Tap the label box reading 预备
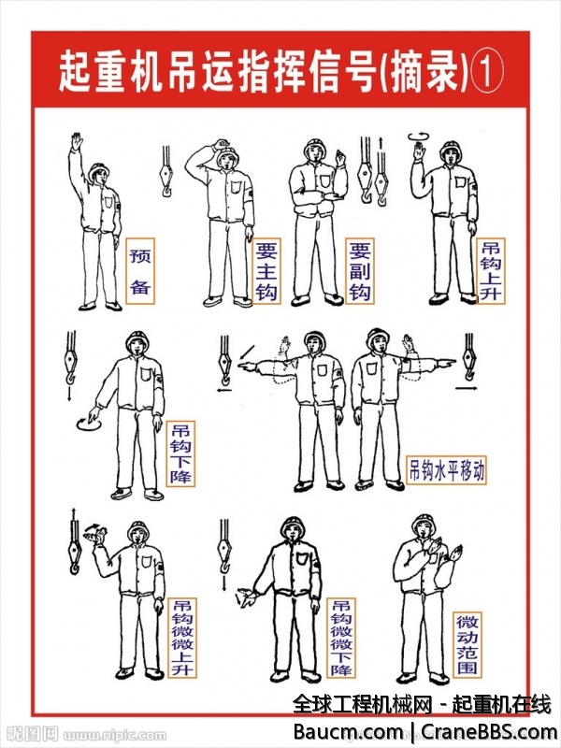click(140, 271)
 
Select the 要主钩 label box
click(266, 271)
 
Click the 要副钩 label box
click(360, 271)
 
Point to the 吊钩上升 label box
click(491, 271)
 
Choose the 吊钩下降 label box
click(180, 453)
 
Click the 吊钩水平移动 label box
click(446, 470)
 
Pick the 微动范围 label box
click(467, 644)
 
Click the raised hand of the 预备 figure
click(77, 142)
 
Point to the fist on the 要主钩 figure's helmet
click(222, 144)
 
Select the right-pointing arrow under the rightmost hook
click(466, 389)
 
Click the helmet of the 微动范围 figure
click(424, 523)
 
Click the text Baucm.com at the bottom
click(348, 731)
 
